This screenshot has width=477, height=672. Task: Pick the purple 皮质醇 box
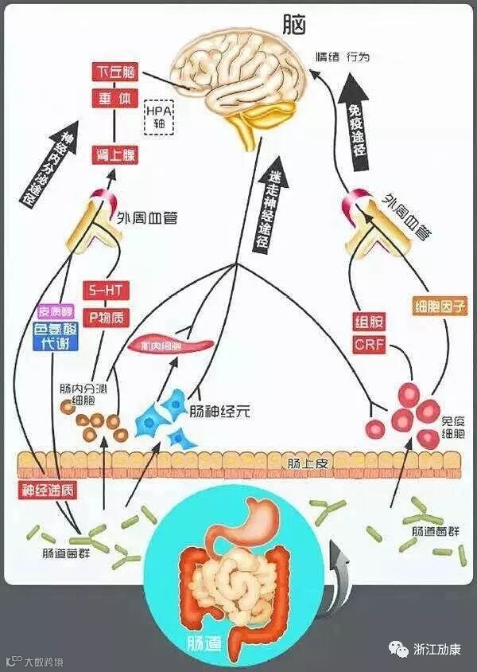(56, 311)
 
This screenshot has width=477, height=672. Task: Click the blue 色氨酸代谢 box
(56, 335)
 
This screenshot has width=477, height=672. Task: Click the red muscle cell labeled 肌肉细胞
(172, 346)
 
